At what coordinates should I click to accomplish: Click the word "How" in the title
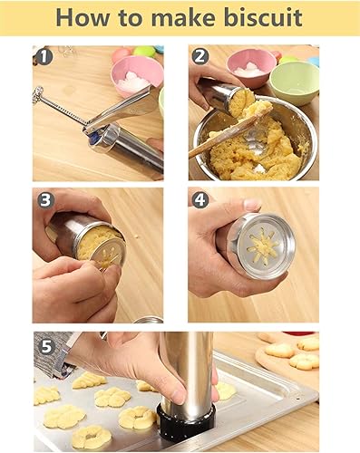click(86, 19)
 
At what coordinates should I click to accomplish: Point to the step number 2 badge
click(200, 57)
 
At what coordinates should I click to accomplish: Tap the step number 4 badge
click(200, 199)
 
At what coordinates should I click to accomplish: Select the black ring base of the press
click(186, 422)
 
